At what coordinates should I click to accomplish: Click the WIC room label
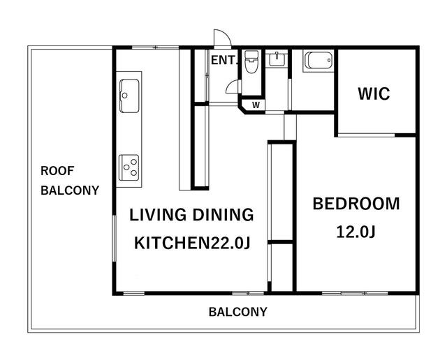coord(374,93)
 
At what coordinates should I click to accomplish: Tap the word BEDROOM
coord(356,204)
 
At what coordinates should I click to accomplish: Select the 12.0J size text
coord(356,232)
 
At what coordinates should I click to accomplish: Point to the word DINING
coord(223,215)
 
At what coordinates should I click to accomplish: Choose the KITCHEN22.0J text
coord(192,243)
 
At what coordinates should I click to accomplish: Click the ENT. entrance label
coord(224,60)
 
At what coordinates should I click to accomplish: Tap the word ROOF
coord(57,171)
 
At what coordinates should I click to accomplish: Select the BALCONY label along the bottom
coord(238,312)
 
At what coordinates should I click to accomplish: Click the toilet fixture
coord(251,61)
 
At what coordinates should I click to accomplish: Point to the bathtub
coord(318,60)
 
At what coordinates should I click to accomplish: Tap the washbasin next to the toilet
coord(277,59)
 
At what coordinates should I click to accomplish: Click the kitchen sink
coord(129,96)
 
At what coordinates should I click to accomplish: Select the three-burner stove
coord(129,167)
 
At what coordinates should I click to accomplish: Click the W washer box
coord(256,105)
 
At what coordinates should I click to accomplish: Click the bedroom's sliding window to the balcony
coord(355,293)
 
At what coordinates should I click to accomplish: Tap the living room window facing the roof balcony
coord(114,238)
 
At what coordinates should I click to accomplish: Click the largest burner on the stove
coord(133,172)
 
